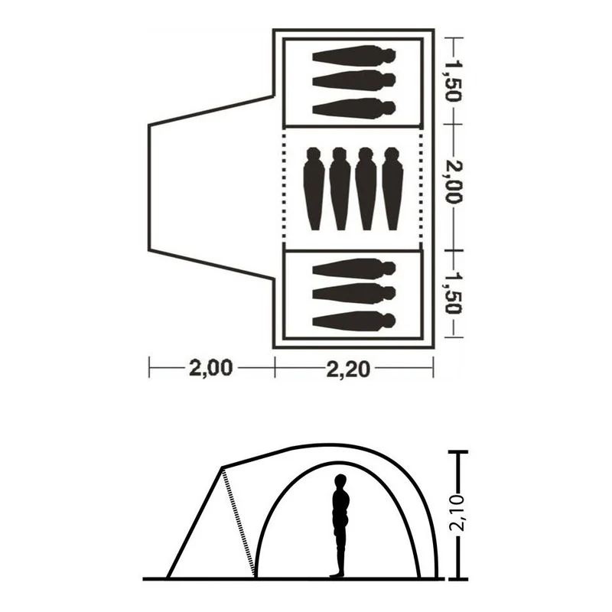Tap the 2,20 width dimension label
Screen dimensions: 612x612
coord(348,369)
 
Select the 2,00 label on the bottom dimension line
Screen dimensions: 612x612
coord(211,368)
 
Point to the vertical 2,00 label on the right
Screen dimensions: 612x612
coord(454,182)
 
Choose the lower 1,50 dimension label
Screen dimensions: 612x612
coord(454,293)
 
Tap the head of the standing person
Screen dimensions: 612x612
coord(340,480)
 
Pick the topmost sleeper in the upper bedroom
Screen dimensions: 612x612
coord(354,54)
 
